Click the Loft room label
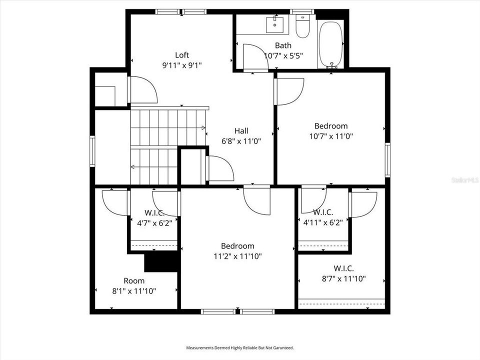point(182,55)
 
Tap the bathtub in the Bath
point(330,43)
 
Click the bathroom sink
point(274,24)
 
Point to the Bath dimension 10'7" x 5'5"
point(283,55)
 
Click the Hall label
point(241,130)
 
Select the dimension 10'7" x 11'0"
point(330,136)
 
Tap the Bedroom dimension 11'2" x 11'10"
point(237,256)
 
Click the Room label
point(134,280)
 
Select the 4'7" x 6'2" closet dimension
point(154,223)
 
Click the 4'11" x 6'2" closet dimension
point(323,223)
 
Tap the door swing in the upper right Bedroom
point(290,91)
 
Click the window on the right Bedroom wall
point(387,159)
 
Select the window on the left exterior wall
point(92,151)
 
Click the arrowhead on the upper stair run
point(203,128)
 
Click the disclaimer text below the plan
point(240,347)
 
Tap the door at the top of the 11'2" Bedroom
point(257,200)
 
